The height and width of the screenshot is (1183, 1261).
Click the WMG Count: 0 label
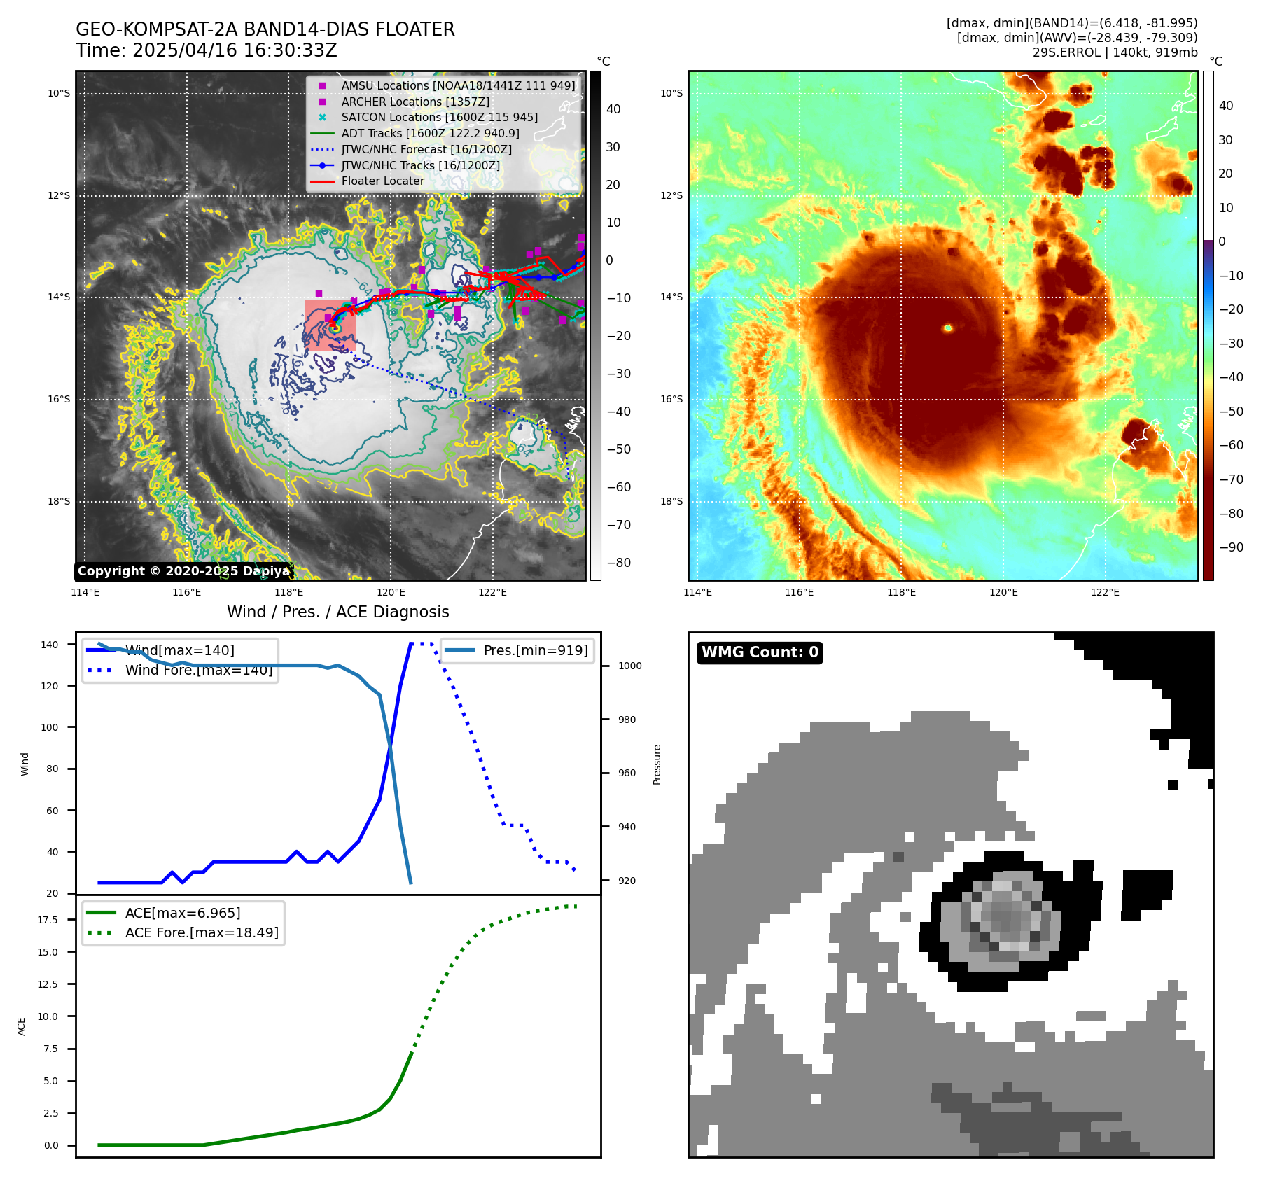(760, 652)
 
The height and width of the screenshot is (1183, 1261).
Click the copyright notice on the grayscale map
(183, 571)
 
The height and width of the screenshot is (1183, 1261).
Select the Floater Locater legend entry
(382, 181)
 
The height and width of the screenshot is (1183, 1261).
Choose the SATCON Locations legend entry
(439, 118)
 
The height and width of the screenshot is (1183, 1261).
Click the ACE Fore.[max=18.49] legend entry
(202, 932)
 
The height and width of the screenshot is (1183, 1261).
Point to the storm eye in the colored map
(948, 328)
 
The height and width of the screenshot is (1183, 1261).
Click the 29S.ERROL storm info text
(1115, 52)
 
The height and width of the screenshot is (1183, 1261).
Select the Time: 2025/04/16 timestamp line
(207, 50)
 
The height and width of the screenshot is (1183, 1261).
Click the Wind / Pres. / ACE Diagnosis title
(337, 612)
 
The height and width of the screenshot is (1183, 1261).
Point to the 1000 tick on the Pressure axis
(629, 666)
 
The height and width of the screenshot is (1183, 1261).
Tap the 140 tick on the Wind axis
(50, 645)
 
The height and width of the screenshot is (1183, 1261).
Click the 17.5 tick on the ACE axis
(48, 920)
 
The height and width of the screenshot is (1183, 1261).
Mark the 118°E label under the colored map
(901, 592)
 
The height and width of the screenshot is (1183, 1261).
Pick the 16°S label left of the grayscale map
(59, 400)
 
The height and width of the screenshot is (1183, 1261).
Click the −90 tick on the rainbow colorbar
(1231, 547)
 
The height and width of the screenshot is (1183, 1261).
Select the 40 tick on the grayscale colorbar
(613, 109)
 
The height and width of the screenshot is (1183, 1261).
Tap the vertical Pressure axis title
(657, 764)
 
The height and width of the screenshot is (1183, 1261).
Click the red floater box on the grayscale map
(330, 325)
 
